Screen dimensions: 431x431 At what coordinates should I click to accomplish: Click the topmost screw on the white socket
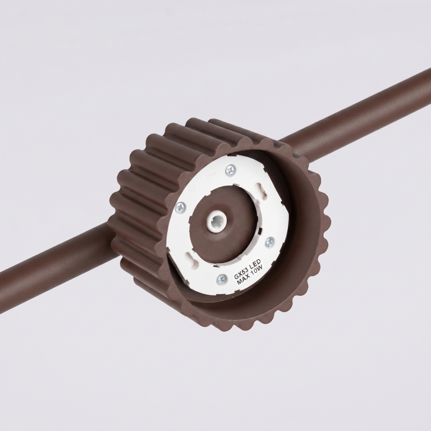(230, 171)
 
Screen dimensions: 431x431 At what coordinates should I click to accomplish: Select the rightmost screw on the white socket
(269, 242)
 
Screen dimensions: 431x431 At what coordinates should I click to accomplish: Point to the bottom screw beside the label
(222, 279)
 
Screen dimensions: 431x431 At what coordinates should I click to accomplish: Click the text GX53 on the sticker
(239, 273)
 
